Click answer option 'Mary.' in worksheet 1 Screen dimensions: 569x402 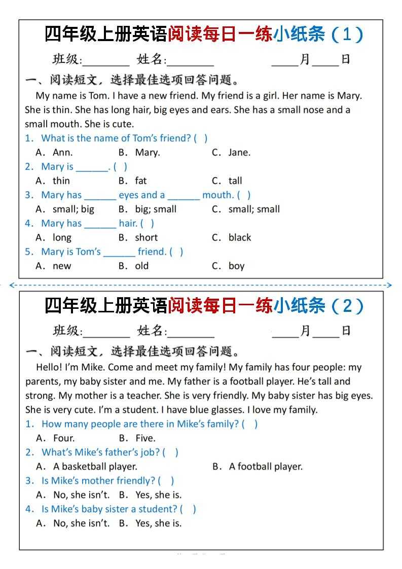click(x=147, y=152)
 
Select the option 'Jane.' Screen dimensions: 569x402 click(x=239, y=152)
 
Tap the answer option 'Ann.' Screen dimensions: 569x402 click(x=62, y=152)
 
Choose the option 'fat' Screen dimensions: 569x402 click(x=140, y=181)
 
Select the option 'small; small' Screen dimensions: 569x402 click(x=254, y=209)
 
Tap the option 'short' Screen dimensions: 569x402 click(x=146, y=237)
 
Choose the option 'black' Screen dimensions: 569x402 click(x=240, y=237)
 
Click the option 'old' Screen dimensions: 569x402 click(x=142, y=266)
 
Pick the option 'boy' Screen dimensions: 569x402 click(x=236, y=266)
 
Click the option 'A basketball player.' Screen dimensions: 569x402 click(x=95, y=467)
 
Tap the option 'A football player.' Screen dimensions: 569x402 click(x=266, y=467)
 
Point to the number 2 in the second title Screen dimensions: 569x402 click(x=347, y=306)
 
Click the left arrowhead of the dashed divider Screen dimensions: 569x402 click(x=12, y=286)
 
